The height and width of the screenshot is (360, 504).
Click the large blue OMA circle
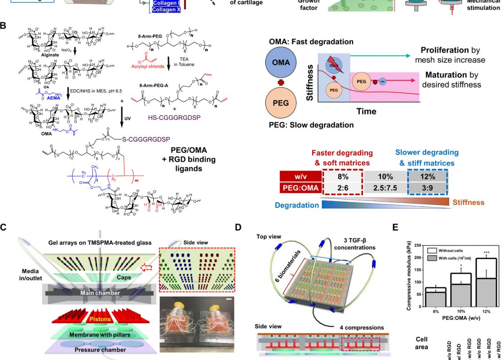click(281, 63)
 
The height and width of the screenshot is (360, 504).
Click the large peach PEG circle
click(281, 102)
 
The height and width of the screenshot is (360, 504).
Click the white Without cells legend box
click(429, 249)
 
